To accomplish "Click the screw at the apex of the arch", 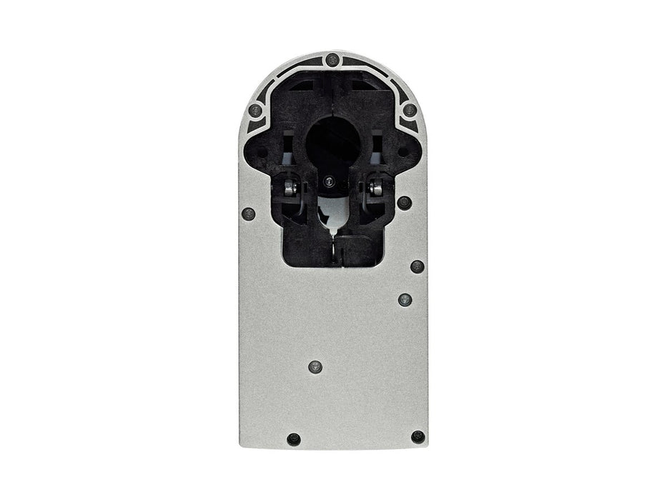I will [332, 60].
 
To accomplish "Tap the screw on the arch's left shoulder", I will [255, 111].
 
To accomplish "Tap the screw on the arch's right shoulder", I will [410, 110].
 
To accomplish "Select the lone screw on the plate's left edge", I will [249, 214].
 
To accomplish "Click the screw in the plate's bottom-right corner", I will [418, 436].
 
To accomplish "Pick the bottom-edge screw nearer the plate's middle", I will [293, 439].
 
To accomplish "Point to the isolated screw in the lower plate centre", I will [315, 367].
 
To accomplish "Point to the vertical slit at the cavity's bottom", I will [333, 250].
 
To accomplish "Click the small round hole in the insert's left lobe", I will [262, 151].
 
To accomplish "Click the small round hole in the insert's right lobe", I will [402, 151].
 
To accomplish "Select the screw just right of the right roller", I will [405, 202].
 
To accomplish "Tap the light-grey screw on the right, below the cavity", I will [405, 299].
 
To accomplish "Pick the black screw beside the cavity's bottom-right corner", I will [417, 266].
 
